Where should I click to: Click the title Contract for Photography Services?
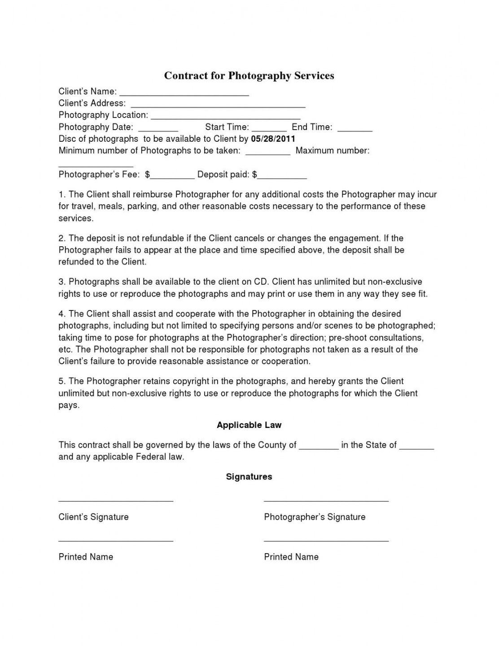point(249,75)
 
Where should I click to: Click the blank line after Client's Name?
point(184,93)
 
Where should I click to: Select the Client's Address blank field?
point(218,105)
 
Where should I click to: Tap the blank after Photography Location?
point(225,117)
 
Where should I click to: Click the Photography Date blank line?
point(158,129)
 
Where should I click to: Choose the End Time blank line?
point(355,129)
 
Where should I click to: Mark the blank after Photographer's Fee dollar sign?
point(172,176)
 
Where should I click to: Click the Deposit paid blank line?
point(282,176)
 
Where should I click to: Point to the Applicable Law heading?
point(249,425)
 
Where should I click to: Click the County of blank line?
point(319,447)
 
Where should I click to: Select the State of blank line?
point(416,447)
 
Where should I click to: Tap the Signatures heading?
point(249,476)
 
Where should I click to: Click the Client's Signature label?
point(93,517)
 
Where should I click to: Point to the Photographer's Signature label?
point(315,517)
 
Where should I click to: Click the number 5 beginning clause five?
point(61,381)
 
